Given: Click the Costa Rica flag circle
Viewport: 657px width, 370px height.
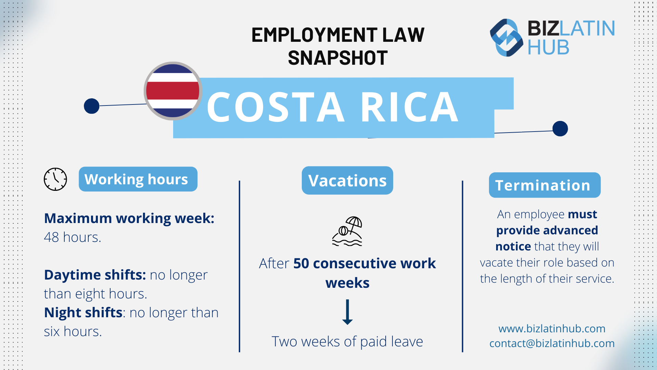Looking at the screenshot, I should point(173,91).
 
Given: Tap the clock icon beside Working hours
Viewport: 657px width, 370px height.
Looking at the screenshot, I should point(55,179).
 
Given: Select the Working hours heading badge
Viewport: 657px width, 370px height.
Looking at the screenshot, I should point(138,179).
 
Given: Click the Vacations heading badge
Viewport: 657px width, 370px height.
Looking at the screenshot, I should point(347,181).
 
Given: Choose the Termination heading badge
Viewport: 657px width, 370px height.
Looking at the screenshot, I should point(544,185).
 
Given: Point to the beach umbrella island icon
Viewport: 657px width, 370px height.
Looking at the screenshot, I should point(347,231).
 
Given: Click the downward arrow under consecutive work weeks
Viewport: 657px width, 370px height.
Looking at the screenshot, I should point(347,312).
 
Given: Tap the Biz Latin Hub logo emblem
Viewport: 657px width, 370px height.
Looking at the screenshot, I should point(506,38).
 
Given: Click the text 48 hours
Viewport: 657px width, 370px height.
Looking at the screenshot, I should point(73,237).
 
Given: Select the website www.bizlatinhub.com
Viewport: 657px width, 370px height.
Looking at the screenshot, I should point(552,329).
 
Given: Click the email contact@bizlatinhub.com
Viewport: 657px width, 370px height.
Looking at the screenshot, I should point(552,343).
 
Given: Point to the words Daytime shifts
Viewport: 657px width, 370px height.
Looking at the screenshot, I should point(95,275).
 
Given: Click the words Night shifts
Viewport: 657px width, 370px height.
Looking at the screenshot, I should point(83,312).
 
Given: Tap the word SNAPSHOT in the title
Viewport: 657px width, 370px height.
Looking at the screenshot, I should point(338,58).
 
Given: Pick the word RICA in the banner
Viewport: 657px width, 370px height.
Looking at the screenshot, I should point(409,107).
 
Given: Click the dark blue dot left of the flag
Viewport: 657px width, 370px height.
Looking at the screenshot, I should point(92,106).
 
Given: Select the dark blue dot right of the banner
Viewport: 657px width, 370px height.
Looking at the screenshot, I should point(560,128).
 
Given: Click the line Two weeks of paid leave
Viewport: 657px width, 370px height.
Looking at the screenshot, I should point(347,342).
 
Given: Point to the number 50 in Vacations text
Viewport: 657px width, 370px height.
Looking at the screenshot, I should point(301,263).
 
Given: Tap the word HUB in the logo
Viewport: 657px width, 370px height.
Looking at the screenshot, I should point(548,47).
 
